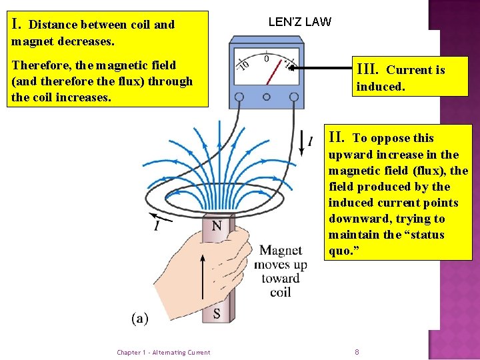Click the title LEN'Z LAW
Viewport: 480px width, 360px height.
pyautogui.click(x=299, y=22)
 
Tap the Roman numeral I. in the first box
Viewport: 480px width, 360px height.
pyautogui.click(x=19, y=25)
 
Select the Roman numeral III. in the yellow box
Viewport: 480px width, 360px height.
pyautogui.click(x=368, y=69)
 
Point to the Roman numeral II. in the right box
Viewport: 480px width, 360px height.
pyautogui.click(x=337, y=138)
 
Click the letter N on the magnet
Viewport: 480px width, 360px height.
pyautogui.click(x=217, y=226)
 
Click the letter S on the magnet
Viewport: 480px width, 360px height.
pyautogui.click(x=217, y=313)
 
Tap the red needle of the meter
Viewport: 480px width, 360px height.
pyautogui.click(x=272, y=73)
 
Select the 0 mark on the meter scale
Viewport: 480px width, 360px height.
pyautogui.click(x=266, y=59)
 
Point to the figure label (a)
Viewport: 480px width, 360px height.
pyautogui.click(x=140, y=318)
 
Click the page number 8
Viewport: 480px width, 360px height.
pyautogui.click(x=357, y=352)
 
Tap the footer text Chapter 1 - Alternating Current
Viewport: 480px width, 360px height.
pyautogui.click(x=163, y=353)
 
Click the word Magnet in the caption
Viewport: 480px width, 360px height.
pyautogui.click(x=281, y=251)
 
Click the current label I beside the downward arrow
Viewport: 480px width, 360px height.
pyautogui.click(x=309, y=141)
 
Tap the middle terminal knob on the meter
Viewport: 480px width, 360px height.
pyautogui.click(x=266, y=96)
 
